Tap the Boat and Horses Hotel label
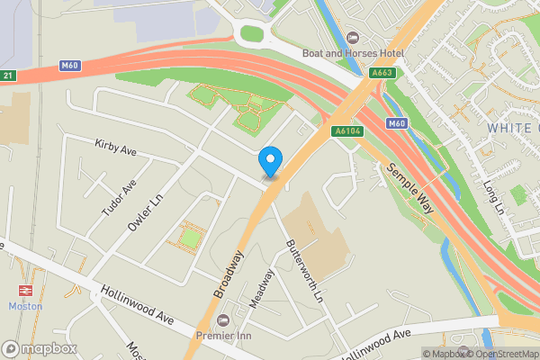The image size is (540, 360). [354, 53]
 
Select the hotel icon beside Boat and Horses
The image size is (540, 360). [352, 38]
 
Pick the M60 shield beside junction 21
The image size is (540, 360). [71, 65]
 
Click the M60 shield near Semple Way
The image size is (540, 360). [397, 122]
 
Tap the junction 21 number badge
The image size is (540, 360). [7, 75]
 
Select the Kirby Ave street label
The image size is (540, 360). [115, 148]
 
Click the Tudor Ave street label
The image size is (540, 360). [119, 198]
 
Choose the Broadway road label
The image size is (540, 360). [229, 274]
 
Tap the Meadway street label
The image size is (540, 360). [261, 291]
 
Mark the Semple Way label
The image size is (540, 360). [411, 187]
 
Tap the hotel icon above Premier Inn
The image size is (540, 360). [223, 320]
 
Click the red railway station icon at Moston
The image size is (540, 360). [25, 292]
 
